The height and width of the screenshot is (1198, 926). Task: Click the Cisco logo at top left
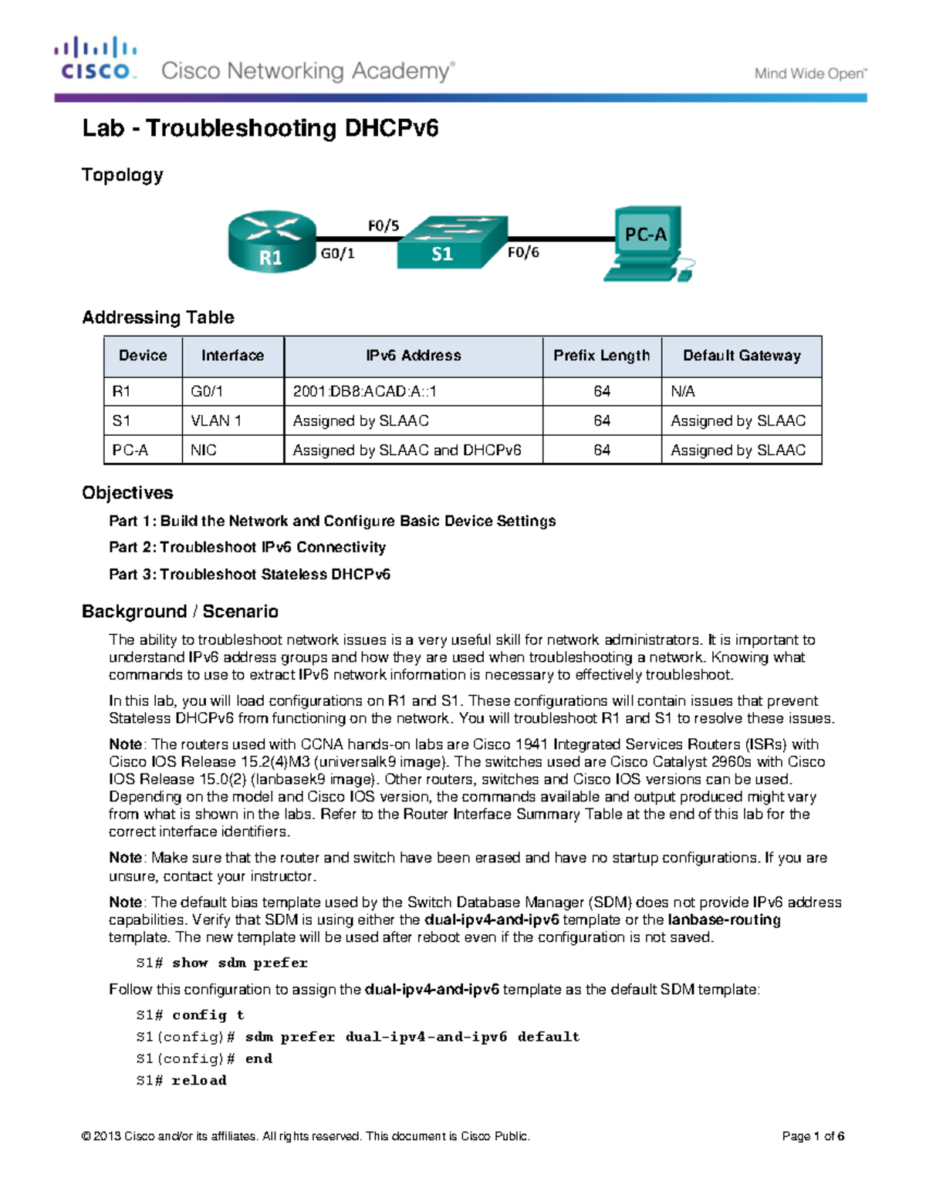click(96, 59)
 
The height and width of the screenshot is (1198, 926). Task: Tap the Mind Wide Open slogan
click(810, 74)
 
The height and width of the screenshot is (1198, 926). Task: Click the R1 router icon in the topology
click(272, 241)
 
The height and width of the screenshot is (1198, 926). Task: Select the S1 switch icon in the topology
click(451, 242)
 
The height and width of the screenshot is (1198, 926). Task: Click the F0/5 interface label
click(383, 226)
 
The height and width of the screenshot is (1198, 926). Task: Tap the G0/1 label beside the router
click(337, 253)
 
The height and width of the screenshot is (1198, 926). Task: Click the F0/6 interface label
click(523, 252)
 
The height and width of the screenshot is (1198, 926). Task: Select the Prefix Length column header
click(601, 356)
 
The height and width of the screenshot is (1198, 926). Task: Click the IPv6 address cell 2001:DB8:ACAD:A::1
click(365, 391)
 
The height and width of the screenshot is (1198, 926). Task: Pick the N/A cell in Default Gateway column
click(683, 391)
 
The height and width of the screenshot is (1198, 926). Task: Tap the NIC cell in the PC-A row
click(204, 450)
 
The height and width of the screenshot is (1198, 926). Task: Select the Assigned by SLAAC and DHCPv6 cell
click(407, 450)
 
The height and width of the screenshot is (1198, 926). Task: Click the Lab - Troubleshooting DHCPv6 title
click(260, 128)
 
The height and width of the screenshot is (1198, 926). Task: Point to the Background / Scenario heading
click(180, 612)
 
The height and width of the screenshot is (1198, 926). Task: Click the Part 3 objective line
click(249, 574)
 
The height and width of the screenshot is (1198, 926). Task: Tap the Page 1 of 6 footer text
click(813, 1136)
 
